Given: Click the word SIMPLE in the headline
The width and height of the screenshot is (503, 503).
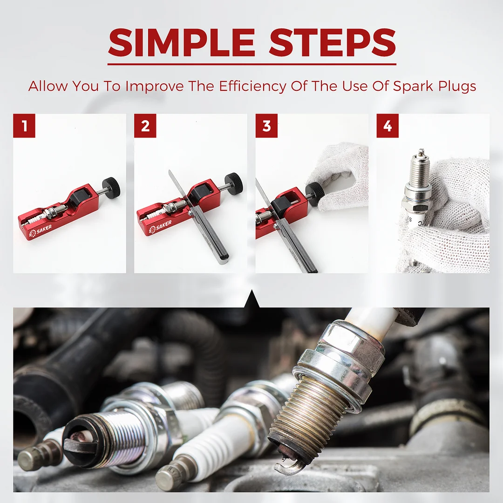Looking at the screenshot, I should coord(181,42).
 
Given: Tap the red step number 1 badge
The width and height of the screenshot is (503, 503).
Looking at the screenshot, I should coord(24,126).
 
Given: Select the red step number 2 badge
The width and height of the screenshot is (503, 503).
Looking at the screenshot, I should coord(145,126).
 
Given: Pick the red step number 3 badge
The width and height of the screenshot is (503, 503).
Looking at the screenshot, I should coord(266,126).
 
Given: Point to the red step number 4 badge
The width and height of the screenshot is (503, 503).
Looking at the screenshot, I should coord(387,126).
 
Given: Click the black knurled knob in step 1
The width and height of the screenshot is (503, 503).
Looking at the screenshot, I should coord(111,187).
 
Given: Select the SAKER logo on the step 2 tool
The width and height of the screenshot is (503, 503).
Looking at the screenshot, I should coord(161,226).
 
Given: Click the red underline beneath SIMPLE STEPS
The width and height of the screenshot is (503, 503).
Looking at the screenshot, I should coord(251,64).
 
